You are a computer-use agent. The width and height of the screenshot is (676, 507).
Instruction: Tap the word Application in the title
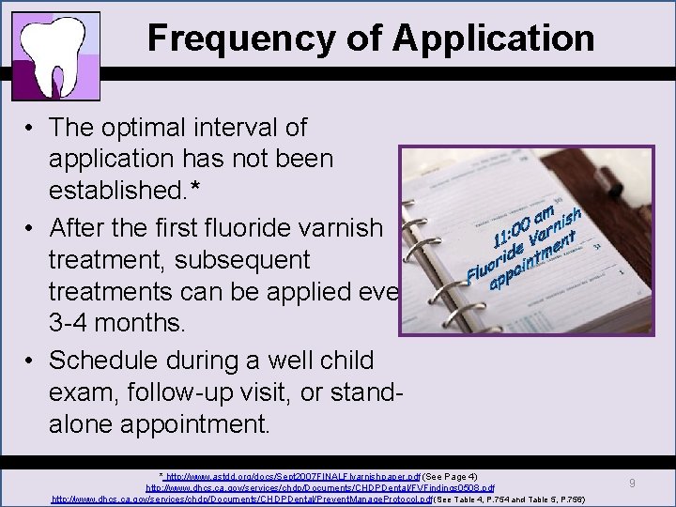coord(494,38)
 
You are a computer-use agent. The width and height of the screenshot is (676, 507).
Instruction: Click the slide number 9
coord(633,483)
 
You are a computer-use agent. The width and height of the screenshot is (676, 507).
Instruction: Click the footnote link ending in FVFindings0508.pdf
coord(319,488)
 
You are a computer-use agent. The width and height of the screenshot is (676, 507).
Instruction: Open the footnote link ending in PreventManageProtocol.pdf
coord(241,499)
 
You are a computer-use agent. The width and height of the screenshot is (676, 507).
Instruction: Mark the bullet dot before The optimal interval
coord(32,128)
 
